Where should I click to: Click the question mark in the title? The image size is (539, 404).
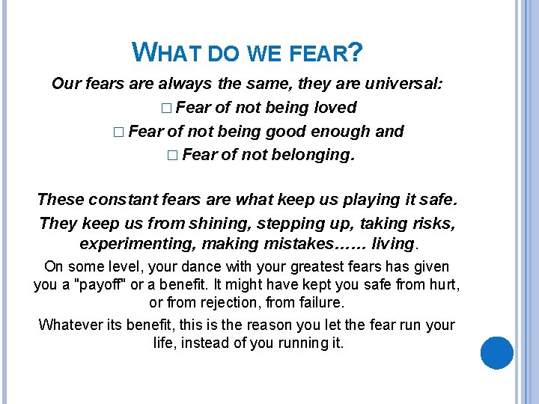coord(356,52)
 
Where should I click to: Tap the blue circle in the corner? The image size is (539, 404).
coord(496,352)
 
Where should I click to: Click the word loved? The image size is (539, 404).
coord(335,107)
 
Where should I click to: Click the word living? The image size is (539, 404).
coord(393,244)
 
